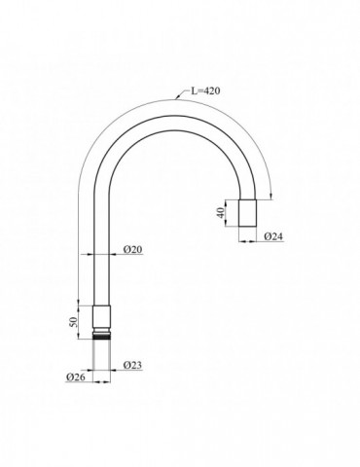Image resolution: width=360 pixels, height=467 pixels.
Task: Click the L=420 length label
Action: tap(204, 90)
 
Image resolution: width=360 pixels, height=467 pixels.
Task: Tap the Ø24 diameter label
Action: tap(273, 236)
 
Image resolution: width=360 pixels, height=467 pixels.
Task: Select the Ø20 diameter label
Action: tap(132, 249)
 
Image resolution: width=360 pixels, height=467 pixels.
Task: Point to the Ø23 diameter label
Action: tap(132, 365)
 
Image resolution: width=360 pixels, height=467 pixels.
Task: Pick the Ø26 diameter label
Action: tap(76, 377)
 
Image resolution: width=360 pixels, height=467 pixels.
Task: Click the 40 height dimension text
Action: tap(221, 213)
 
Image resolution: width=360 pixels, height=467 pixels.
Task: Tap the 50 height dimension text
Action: tap(74, 322)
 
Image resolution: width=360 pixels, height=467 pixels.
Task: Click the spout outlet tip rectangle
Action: tap(248, 213)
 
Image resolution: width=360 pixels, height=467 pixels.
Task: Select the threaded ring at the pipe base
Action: tap(102, 335)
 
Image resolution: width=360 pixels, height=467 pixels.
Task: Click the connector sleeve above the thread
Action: tap(102, 317)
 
